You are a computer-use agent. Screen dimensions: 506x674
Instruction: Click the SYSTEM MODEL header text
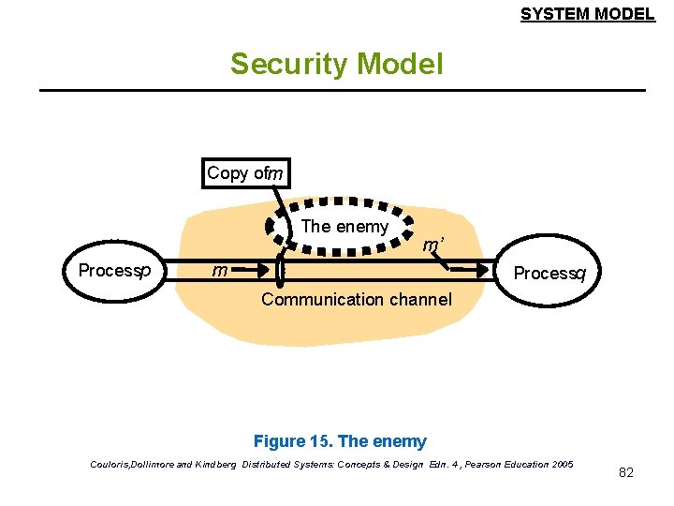[587, 14]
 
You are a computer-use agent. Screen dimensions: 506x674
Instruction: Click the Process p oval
[113, 271]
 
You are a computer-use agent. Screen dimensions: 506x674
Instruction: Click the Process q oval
[549, 274]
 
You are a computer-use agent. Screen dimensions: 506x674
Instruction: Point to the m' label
[432, 246]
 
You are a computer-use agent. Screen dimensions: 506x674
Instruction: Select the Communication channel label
[356, 300]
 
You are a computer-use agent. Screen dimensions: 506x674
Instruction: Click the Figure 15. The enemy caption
[340, 441]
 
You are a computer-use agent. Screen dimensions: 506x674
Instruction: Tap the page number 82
[626, 472]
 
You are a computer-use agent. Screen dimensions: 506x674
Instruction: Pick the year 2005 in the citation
[562, 464]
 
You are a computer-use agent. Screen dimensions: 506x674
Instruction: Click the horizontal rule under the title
[342, 90]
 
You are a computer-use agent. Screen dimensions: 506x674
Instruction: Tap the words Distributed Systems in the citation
[281, 464]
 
